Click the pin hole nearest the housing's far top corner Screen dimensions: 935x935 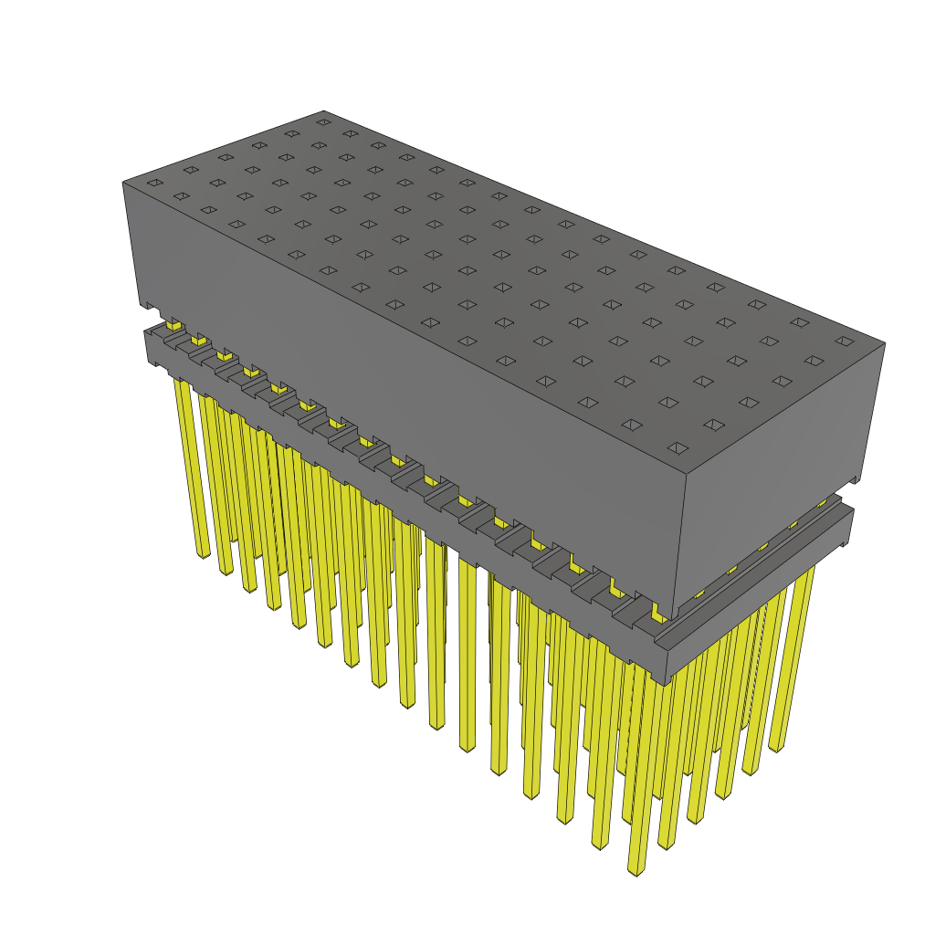click(x=323, y=121)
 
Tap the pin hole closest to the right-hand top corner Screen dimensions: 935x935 click(x=845, y=341)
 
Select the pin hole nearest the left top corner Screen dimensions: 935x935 click(x=155, y=184)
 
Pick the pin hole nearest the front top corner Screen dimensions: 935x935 click(x=678, y=447)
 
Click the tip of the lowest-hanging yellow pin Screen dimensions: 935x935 click(x=636, y=869)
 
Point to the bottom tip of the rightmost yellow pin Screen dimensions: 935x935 click(x=776, y=747)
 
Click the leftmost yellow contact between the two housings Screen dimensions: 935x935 click(x=173, y=324)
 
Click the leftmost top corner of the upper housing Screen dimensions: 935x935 click(x=123, y=183)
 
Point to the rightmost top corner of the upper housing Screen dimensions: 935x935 click(x=885, y=344)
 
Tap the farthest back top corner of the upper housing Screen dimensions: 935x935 click(x=324, y=110)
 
